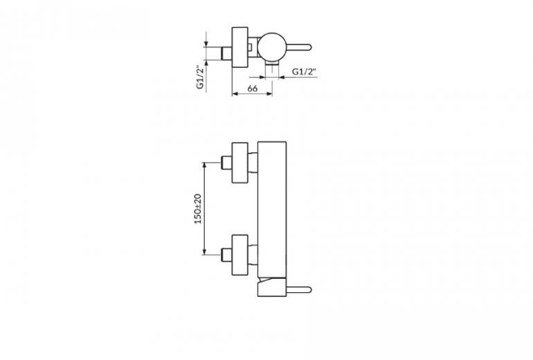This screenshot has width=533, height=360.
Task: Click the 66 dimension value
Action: pyautogui.click(x=252, y=89)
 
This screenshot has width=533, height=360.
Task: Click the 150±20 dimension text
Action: pyautogui.click(x=198, y=208)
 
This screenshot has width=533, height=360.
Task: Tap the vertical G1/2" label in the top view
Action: pyautogui.click(x=201, y=77)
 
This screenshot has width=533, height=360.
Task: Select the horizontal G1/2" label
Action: pyautogui.click(x=305, y=72)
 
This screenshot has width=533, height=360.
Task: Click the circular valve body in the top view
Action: pyautogui.click(x=272, y=48)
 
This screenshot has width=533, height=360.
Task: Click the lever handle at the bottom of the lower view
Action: pyautogui.click(x=298, y=290)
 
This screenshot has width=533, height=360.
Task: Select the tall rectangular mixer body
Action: pyautogui.click(x=272, y=209)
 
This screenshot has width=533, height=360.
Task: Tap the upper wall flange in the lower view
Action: pyautogui.click(x=240, y=163)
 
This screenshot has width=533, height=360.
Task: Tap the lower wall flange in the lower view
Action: pyautogui.click(x=240, y=255)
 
